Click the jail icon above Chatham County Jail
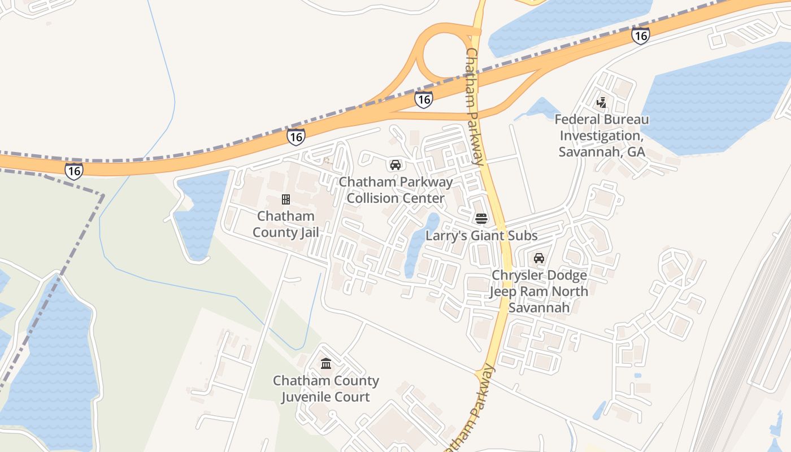286,199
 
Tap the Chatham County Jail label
285,224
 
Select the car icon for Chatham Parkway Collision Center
395,165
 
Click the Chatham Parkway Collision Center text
395,190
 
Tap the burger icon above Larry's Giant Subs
481,219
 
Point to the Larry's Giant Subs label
481,236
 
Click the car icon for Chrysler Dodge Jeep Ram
539,258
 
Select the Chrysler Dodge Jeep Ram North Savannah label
538,292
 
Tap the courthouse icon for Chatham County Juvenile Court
326,363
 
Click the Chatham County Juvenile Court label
326,389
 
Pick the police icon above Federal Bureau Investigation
602,103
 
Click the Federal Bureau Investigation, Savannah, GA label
602,136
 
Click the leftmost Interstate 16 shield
73,171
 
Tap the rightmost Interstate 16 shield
640,36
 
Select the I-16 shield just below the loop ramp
423,99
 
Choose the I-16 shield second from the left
295,137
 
